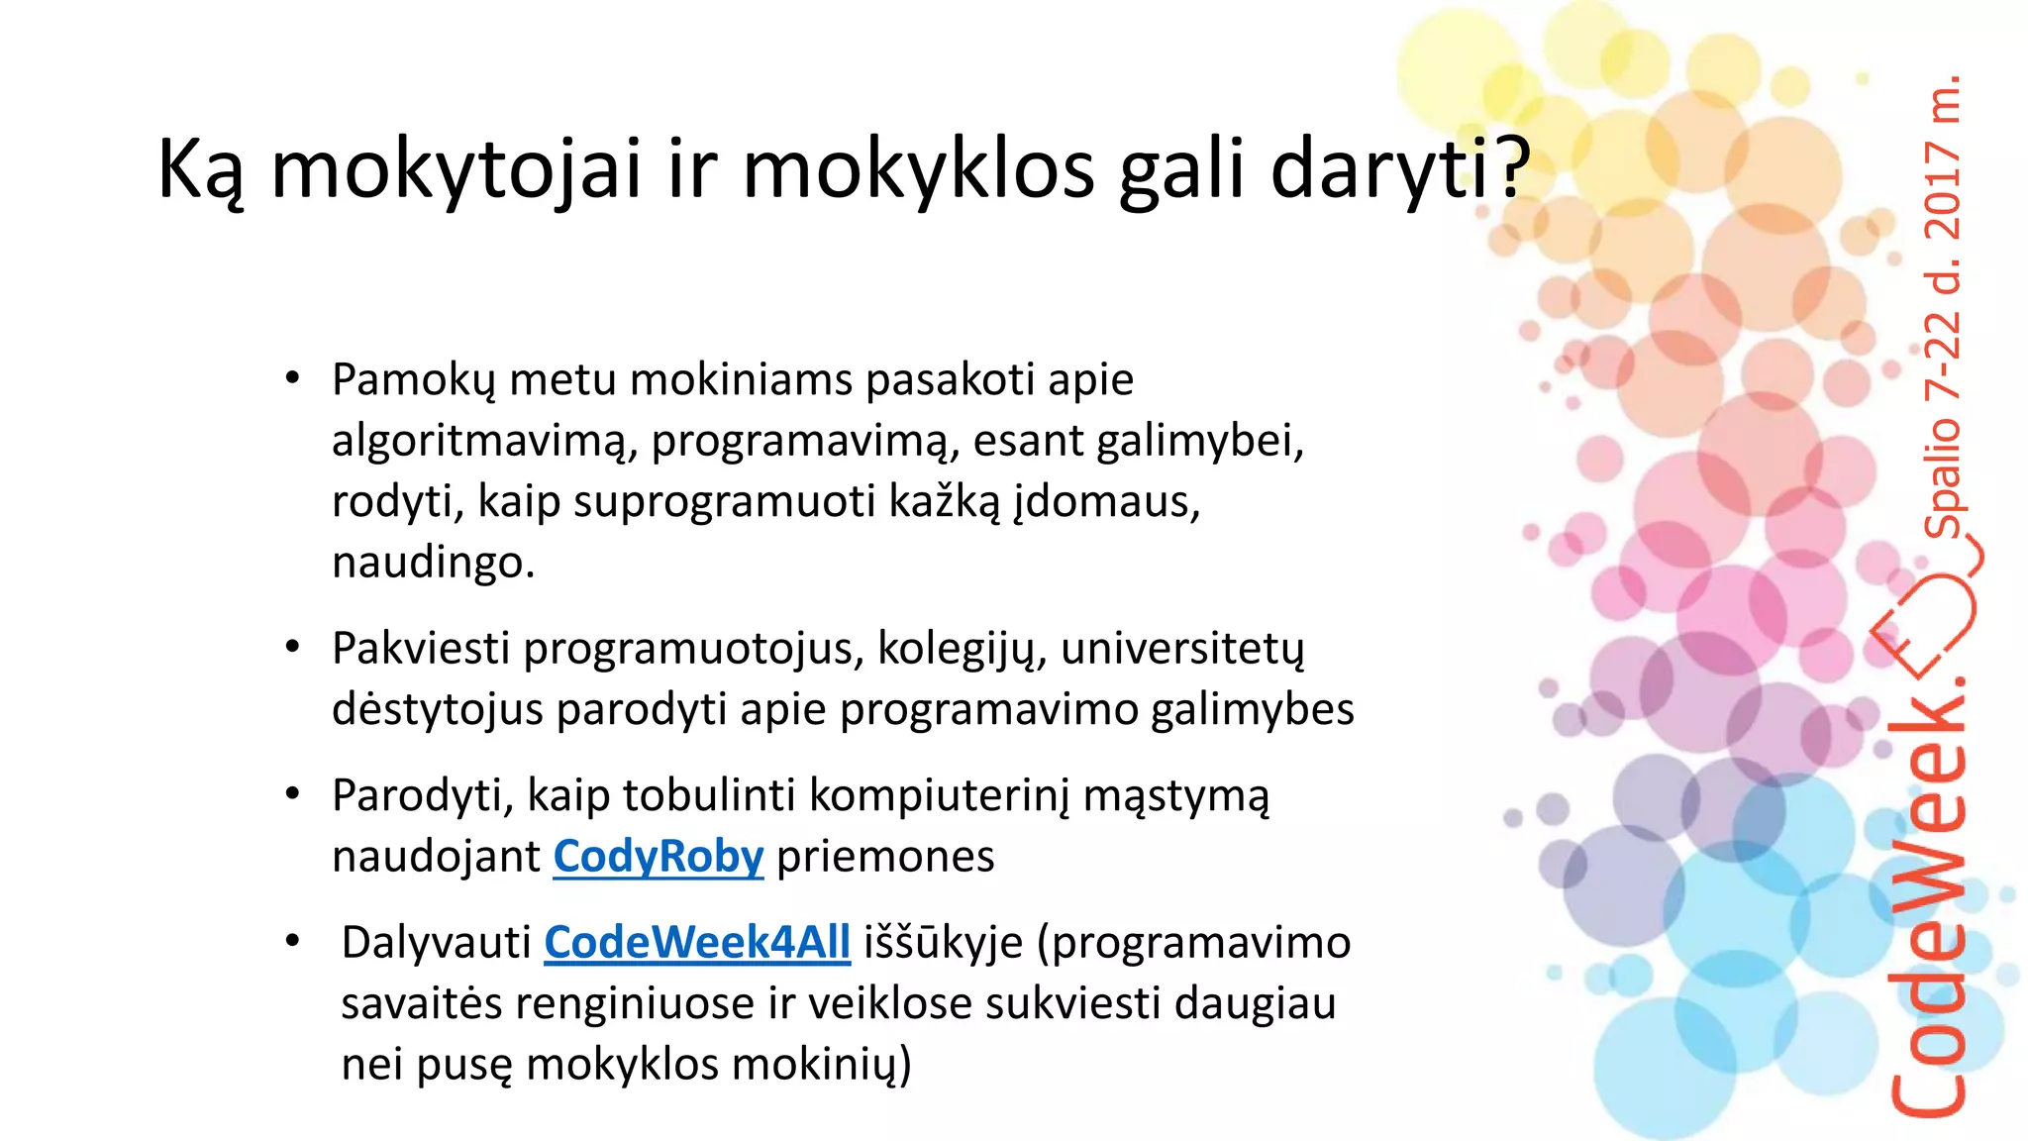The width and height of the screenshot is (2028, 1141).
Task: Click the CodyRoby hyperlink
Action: [659, 857]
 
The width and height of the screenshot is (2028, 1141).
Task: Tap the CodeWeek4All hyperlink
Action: [697, 943]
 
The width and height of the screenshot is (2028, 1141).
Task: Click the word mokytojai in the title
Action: [456, 169]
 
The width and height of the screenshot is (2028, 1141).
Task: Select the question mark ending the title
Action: [1512, 168]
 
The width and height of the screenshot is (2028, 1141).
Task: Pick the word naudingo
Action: [433, 563]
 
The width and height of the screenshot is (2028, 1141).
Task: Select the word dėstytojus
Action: [438, 710]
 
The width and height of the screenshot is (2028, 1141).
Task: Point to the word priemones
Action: [885, 857]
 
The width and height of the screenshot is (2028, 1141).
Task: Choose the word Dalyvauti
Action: [437, 943]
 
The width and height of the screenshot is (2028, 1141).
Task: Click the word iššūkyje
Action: [943, 943]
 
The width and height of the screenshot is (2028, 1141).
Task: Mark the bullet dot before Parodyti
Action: [292, 794]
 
